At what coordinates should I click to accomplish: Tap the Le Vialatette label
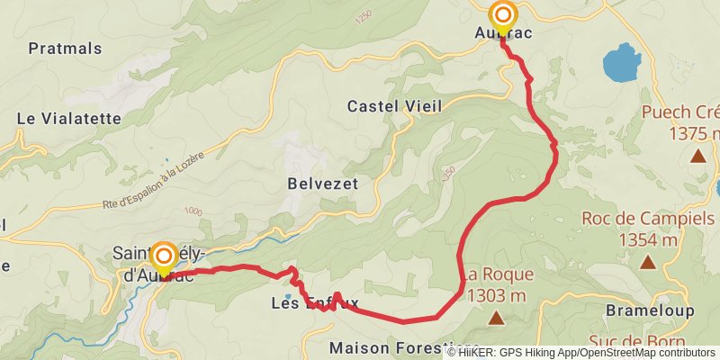coord(69,118)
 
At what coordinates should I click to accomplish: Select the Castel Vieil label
coord(395,106)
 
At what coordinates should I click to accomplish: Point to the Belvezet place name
coord(323,183)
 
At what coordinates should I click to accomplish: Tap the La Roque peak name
coord(500,274)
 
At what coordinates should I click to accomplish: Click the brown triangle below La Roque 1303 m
coord(496,318)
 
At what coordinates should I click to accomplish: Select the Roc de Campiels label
coord(649,218)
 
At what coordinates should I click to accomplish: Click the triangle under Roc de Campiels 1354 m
coord(647,263)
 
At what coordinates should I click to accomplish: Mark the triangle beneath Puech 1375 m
coord(697,156)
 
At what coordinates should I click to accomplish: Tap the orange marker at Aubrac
coord(502,16)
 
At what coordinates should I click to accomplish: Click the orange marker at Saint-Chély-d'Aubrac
coord(163,257)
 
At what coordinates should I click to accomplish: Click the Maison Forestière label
coord(404,347)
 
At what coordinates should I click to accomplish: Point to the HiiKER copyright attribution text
coord(581,352)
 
